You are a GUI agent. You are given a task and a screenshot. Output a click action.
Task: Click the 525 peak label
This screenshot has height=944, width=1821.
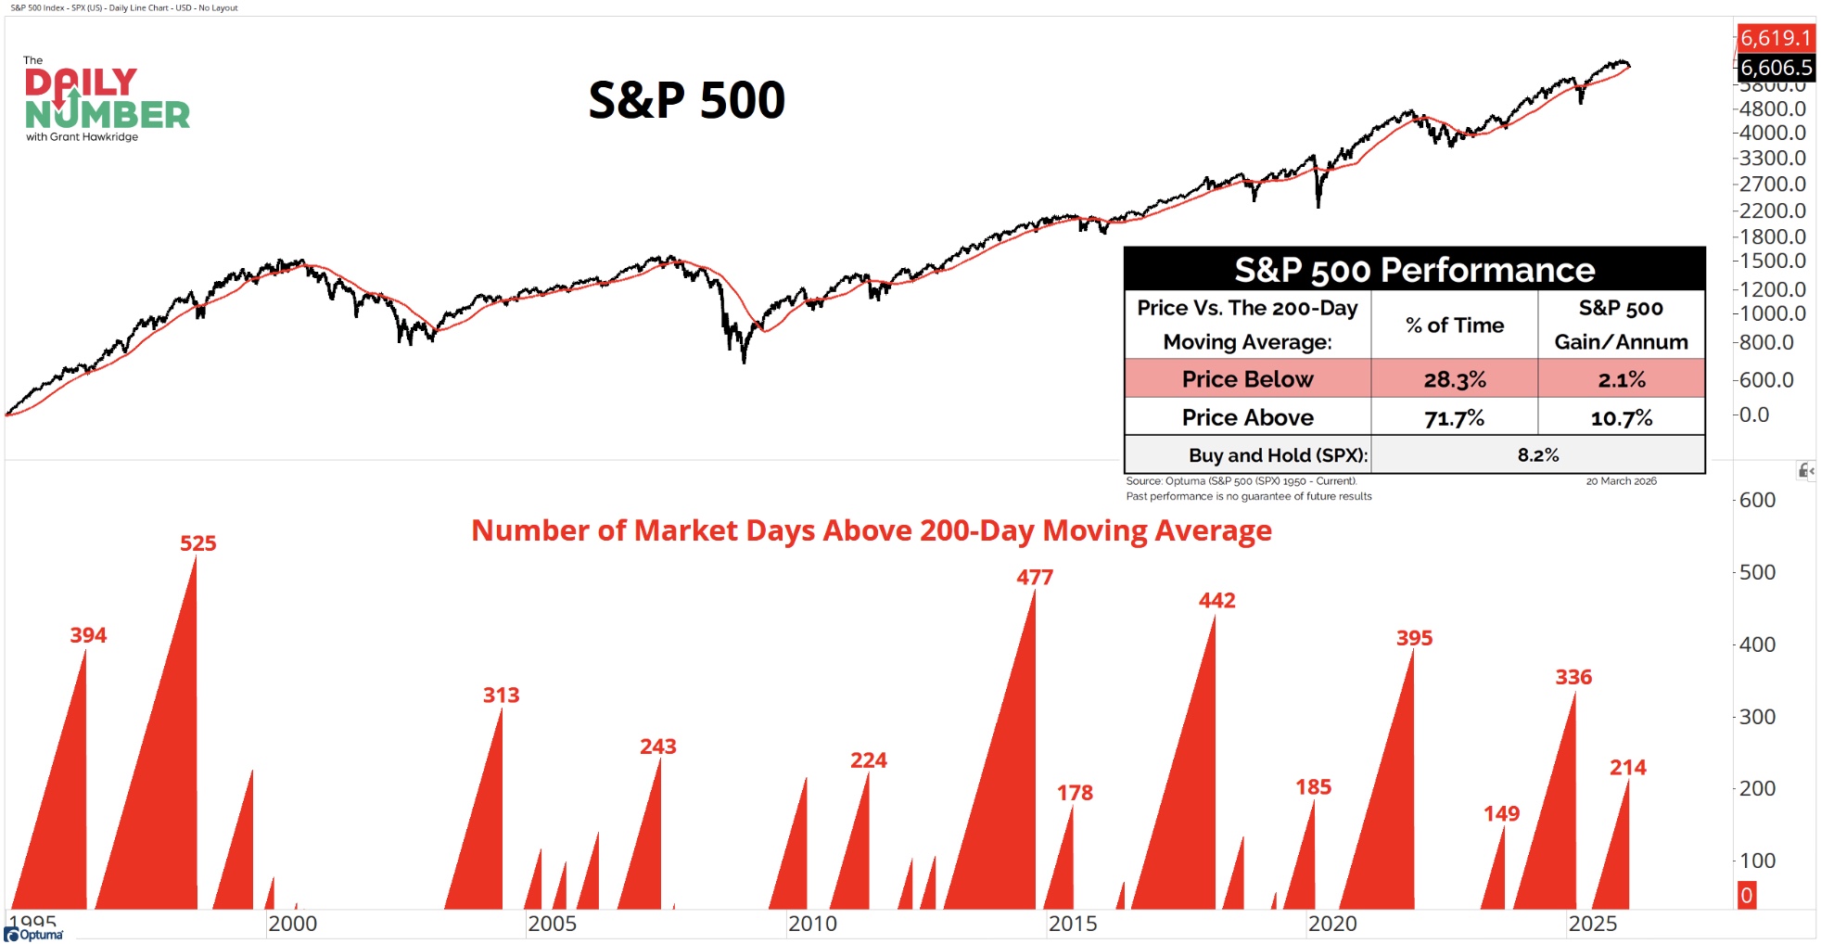[197, 543]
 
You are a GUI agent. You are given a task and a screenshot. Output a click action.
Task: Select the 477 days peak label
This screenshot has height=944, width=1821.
[1035, 578]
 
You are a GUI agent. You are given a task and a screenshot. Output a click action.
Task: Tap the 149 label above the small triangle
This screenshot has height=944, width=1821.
[1501, 814]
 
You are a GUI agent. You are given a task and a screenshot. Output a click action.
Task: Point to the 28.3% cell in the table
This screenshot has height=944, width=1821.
[1454, 379]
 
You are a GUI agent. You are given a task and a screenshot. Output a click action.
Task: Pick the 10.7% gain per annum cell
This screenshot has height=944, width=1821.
[1621, 418]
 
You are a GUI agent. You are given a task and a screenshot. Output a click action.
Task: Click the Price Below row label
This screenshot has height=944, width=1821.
[1247, 379]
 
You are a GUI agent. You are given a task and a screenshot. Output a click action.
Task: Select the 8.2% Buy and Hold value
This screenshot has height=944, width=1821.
[1537, 455]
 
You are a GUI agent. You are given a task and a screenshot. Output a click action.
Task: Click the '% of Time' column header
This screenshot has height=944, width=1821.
[1454, 325]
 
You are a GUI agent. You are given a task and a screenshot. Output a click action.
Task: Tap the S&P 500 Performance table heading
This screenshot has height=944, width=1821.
[1414, 270]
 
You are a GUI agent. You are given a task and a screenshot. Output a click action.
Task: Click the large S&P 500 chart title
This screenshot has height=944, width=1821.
[686, 100]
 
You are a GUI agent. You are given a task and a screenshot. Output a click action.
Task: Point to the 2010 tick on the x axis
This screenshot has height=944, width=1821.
[812, 924]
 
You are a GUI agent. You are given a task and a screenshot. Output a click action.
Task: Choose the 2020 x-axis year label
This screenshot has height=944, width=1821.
[1332, 924]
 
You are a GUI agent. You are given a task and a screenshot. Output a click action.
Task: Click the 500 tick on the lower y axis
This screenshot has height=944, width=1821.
[1757, 572]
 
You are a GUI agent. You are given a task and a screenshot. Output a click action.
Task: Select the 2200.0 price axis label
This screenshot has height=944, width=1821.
[1772, 210]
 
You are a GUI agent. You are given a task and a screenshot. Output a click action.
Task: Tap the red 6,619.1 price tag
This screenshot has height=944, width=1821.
[1775, 38]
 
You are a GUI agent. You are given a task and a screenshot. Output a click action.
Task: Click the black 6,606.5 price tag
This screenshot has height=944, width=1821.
[1775, 68]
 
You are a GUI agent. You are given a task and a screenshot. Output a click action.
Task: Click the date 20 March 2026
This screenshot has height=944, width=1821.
[1621, 481]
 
